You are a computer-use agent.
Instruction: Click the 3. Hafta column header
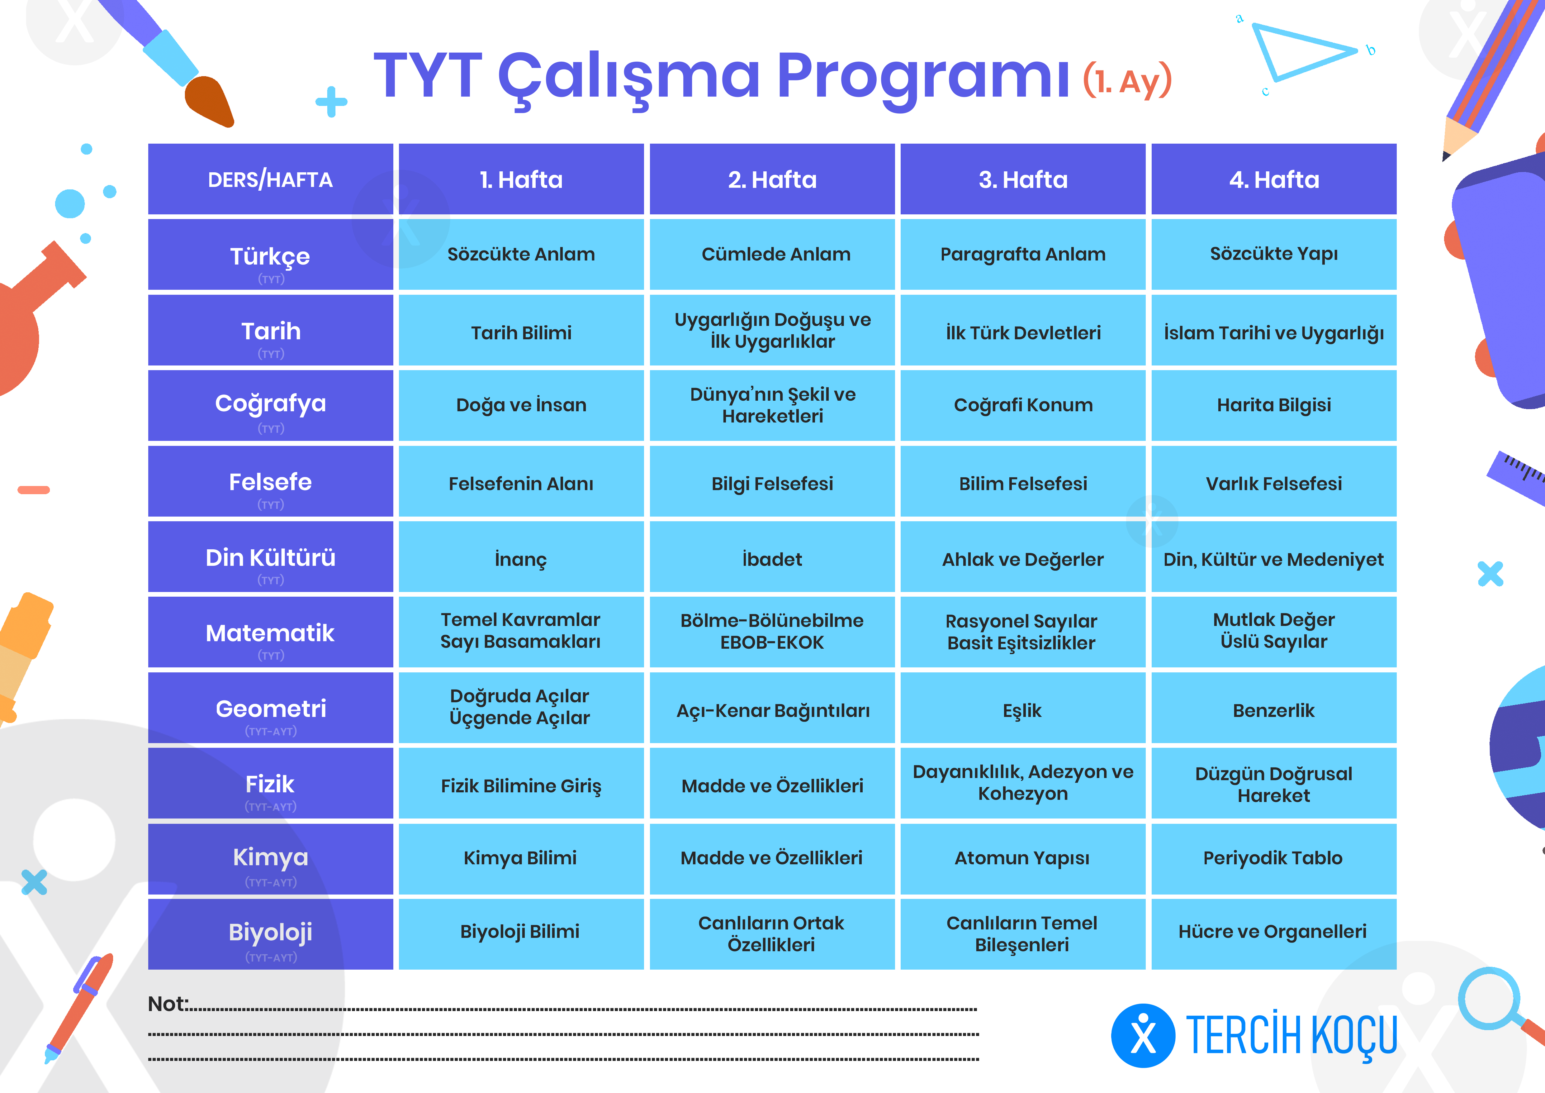click(1023, 179)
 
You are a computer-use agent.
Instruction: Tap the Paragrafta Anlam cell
click(1023, 255)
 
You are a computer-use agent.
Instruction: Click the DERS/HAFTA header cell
click(271, 179)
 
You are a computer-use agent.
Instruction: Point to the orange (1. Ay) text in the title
click(1128, 81)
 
